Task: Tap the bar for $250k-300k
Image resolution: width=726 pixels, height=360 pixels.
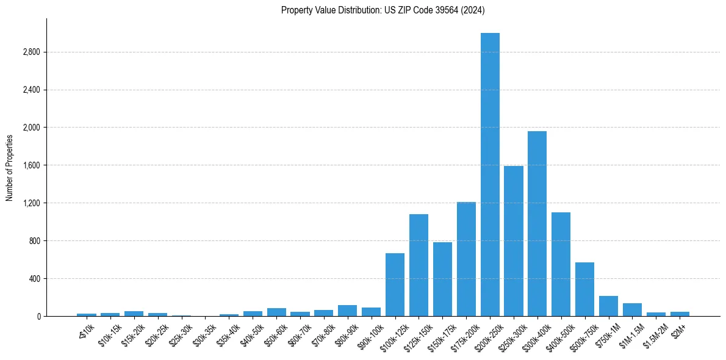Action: click(514, 241)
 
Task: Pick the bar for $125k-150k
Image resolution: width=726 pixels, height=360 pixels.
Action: click(419, 265)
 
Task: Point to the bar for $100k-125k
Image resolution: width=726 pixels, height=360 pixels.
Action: click(395, 285)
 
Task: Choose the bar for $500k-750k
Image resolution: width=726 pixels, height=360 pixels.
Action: click(584, 289)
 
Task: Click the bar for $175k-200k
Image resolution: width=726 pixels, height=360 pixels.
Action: click(466, 259)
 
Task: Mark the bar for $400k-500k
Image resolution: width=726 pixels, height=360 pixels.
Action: click(561, 264)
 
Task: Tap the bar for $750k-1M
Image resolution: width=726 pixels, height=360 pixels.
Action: click(608, 306)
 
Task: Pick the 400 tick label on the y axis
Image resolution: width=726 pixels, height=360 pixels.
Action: click(34, 279)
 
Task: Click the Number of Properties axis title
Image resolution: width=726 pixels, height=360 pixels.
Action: click(10, 167)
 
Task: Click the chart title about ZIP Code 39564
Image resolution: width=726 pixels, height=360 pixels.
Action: click(383, 10)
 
